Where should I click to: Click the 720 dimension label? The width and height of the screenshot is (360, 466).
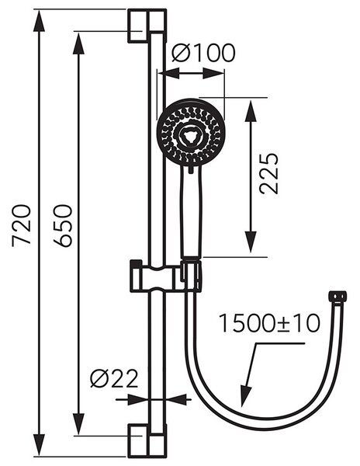pos(22,225)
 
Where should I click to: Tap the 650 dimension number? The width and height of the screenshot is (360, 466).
pos(63,226)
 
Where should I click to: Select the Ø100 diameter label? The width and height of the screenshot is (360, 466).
pos(203,53)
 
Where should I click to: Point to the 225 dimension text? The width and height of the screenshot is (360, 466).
pos(269,174)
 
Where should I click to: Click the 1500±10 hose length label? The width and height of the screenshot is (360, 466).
pos(269,323)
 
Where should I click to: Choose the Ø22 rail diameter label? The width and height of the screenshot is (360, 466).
pos(115,379)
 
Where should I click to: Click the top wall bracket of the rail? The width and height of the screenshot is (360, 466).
pos(147,26)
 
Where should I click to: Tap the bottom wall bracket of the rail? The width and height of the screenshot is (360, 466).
pos(147,440)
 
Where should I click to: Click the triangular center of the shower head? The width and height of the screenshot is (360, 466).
pos(189,136)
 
